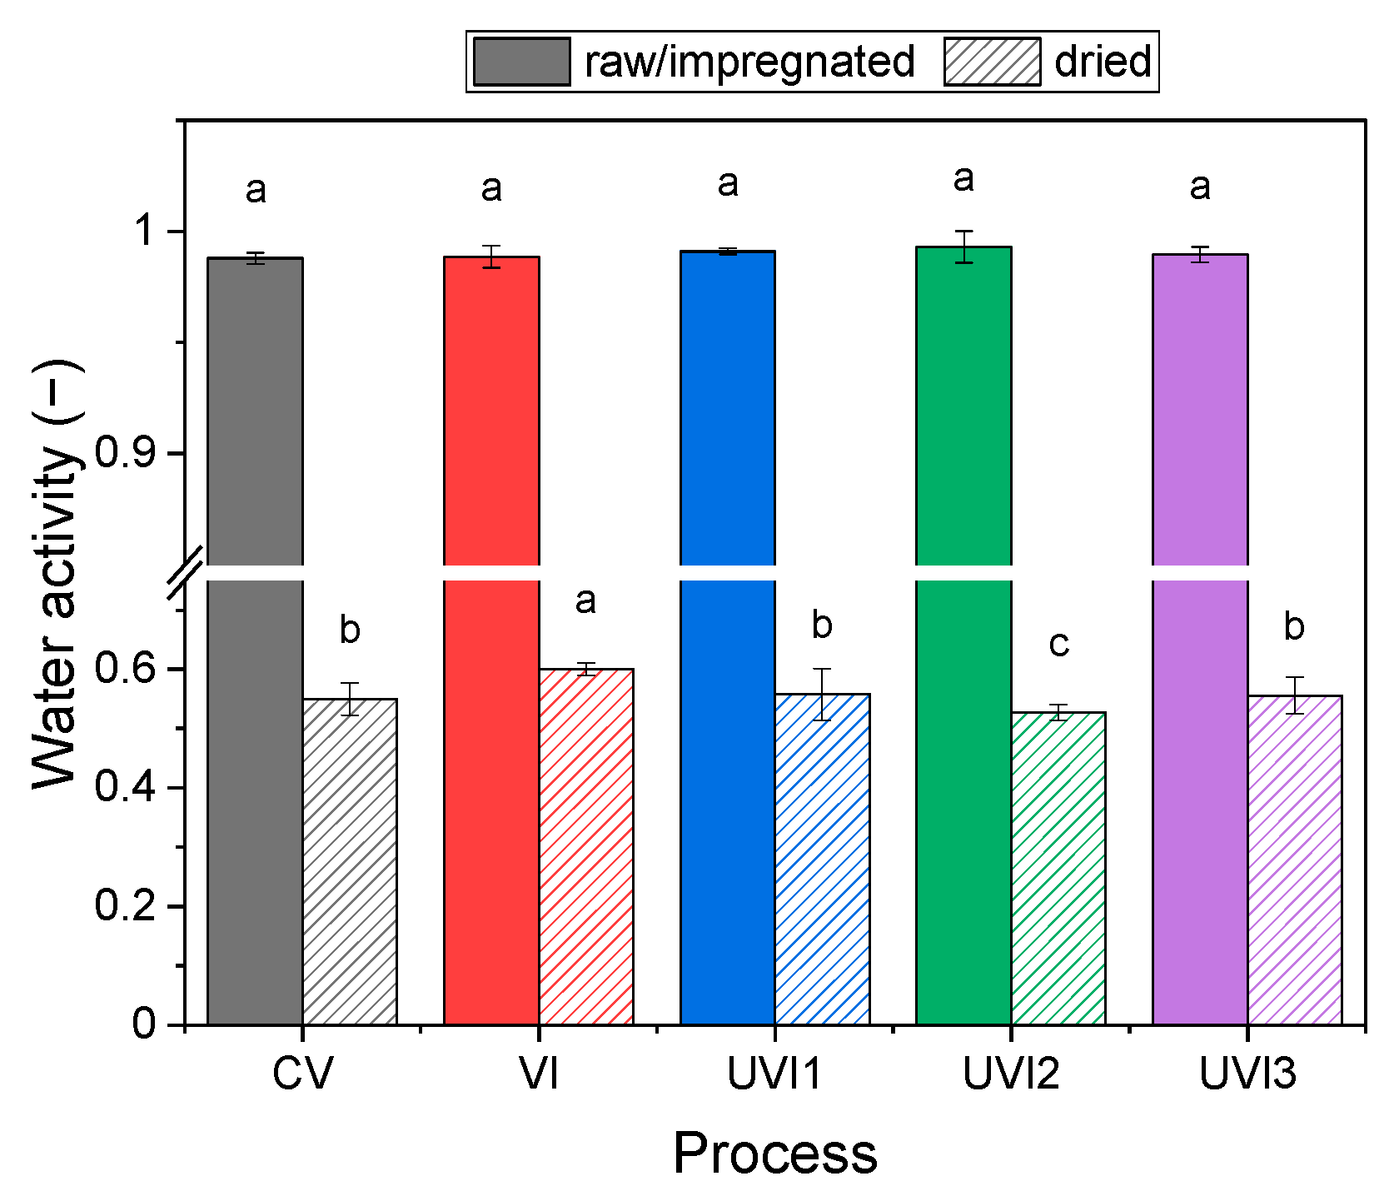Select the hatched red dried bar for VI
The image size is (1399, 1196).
(585, 845)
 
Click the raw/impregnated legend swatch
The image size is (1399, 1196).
(521, 62)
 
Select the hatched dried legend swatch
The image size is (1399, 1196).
(992, 62)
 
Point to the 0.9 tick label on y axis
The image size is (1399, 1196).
(125, 453)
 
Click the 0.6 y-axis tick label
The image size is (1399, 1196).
(125, 669)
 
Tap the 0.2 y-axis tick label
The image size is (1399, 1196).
(125, 906)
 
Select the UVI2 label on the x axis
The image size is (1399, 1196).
(1011, 1074)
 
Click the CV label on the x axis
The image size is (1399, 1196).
(302, 1074)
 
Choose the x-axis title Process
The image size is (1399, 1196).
(774, 1154)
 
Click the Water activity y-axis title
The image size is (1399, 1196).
(57, 575)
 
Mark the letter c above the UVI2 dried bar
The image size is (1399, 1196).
(1058, 643)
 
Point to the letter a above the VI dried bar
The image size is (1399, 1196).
(585, 600)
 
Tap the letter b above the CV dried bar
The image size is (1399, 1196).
(350, 630)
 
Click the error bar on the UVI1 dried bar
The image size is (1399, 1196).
(822, 694)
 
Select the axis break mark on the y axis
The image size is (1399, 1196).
(185, 573)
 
